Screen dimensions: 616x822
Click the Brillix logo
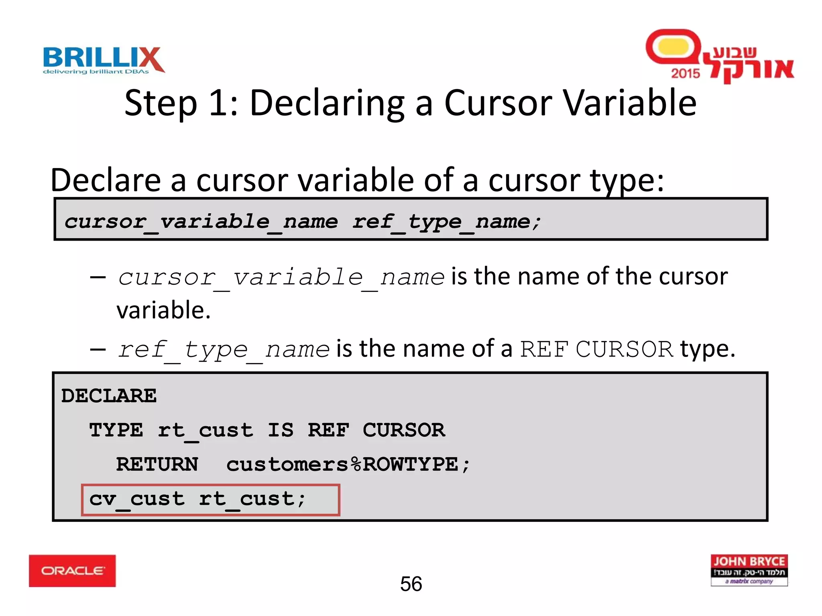104,60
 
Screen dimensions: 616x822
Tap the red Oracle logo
72,570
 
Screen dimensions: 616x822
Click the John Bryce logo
749,570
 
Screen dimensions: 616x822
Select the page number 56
411,584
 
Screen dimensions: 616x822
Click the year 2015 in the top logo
685,73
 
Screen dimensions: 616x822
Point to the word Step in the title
161,103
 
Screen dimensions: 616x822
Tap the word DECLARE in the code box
109,396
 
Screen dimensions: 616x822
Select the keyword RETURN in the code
157,464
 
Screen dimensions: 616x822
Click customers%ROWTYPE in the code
348,464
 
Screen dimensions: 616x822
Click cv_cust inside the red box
136,499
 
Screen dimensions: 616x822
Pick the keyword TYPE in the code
116,430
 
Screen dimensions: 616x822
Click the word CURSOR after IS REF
404,430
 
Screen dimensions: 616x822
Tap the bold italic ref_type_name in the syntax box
447,222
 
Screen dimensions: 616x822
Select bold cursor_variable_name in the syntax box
201,222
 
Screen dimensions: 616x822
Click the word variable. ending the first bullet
163,310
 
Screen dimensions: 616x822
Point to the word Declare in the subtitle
106,180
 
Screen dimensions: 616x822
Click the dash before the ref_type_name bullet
98,349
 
